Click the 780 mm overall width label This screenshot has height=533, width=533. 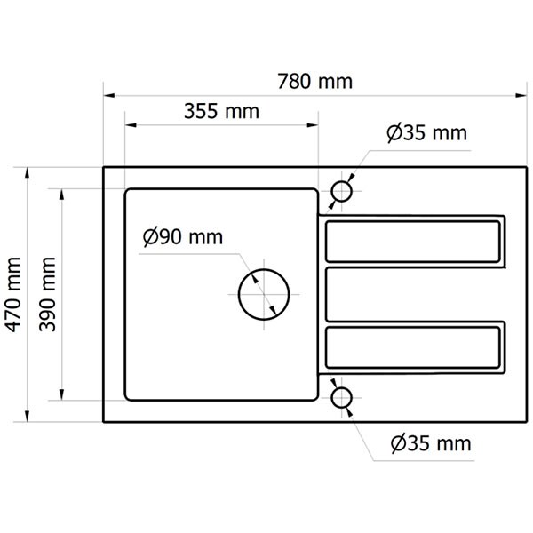click(x=314, y=82)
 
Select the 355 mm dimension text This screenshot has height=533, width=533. click(x=221, y=111)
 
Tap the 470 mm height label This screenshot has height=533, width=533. click(x=14, y=294)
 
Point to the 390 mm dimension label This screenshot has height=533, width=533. click(x=47, y=294)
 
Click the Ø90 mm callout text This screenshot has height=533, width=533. click(x=183, y=237)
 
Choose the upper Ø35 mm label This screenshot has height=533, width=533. click(x=427, y=133)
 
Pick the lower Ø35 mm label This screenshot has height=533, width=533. click(x=431, y=443)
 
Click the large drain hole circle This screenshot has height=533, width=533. click(x=264, y=269)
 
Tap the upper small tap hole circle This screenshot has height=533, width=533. click(x=341, y=182)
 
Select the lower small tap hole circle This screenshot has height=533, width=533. click(x=341, y=388)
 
